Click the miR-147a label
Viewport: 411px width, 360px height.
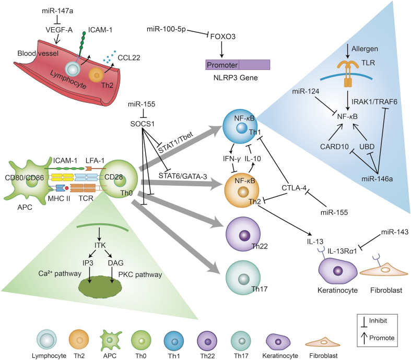[57, 11]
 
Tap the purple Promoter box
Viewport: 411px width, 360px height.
[238, 65]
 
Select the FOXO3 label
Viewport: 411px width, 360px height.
[223, 37]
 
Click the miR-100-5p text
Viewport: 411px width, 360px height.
[166, 29]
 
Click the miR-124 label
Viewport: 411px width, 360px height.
[306, 91]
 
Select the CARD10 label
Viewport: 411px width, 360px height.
[334, 147]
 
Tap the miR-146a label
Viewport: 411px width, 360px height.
[377, 179]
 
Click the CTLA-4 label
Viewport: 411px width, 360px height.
[294, 188]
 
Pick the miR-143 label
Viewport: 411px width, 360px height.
[394, 232]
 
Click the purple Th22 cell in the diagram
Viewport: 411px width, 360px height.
[243, 234]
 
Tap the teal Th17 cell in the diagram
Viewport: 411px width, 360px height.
[243, 278]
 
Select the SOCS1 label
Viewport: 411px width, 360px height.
[143, 124]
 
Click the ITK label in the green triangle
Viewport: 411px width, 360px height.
[100, 245]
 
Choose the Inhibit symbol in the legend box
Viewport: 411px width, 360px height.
[364, 322]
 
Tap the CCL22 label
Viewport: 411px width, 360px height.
[128, 57]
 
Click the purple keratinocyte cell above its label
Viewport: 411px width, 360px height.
[337, 271]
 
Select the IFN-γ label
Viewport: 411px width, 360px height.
[232, 159]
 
